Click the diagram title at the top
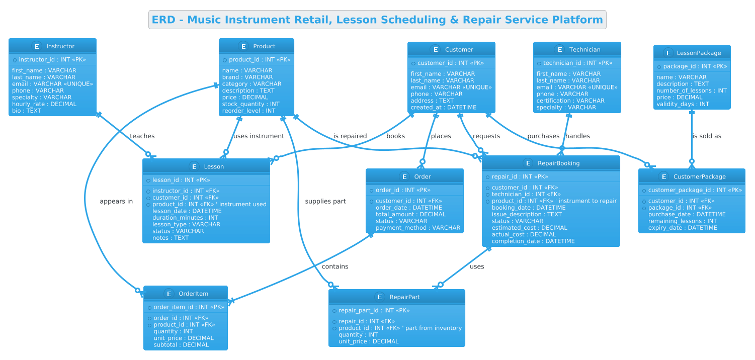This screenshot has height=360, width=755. click(x=377, y=20)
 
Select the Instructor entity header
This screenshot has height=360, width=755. click(x=53, y=46)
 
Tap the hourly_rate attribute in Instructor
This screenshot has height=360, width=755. click(x=44, y=104)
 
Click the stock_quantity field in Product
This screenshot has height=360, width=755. click(x=251, y=104)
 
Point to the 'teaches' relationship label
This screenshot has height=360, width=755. click(x=142, y=136)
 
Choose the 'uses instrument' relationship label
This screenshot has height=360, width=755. click(x=259, y=136)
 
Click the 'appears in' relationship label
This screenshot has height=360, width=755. click(x=116, y=202)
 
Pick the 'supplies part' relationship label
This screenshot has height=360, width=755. click(x=325, y=202)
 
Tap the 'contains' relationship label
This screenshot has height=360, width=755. click(x=335, y=266)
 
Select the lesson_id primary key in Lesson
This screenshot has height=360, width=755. click(x=181, y=180)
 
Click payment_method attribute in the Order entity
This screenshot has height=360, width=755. click(x=418, y=228)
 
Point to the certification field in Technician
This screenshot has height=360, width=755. click(x=570, y=101)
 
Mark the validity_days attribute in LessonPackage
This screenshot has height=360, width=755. click(x=683, y=104)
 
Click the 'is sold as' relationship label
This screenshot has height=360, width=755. click(x=707, y=136)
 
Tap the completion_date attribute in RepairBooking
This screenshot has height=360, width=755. click(x=533, y=241)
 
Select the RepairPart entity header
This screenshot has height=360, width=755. click(x=397, y=297)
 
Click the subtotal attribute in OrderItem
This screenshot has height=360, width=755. click(x=181, y=345)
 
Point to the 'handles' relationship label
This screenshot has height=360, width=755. click(x=578, y=136)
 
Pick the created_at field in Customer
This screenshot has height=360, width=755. click(x=444, y=108)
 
